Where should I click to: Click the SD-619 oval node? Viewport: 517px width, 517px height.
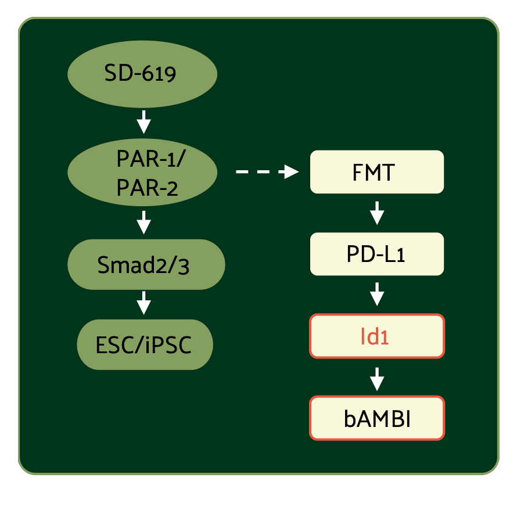[x=142, y=74]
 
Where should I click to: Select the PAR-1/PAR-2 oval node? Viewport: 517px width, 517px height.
[x=142, y=172]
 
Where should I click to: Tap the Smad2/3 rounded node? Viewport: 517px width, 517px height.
[x=146, y=264]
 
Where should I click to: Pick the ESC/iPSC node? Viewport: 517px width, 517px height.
[x=145, y=345]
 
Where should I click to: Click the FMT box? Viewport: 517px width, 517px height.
[x=377, y=172]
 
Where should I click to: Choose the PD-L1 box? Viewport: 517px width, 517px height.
[x=377, y=254]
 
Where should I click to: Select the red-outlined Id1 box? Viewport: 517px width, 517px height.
[x=377, y=336]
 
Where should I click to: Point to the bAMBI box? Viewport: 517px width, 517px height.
[x=377, y=418]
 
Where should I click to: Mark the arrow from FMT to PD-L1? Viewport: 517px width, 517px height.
[x=377, y=213]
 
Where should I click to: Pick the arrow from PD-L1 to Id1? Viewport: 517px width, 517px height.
[x=377, y=295]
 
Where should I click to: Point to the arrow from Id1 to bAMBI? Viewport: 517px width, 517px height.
[x=377, y=378]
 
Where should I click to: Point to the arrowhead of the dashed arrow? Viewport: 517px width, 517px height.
[x=290, y=172]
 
